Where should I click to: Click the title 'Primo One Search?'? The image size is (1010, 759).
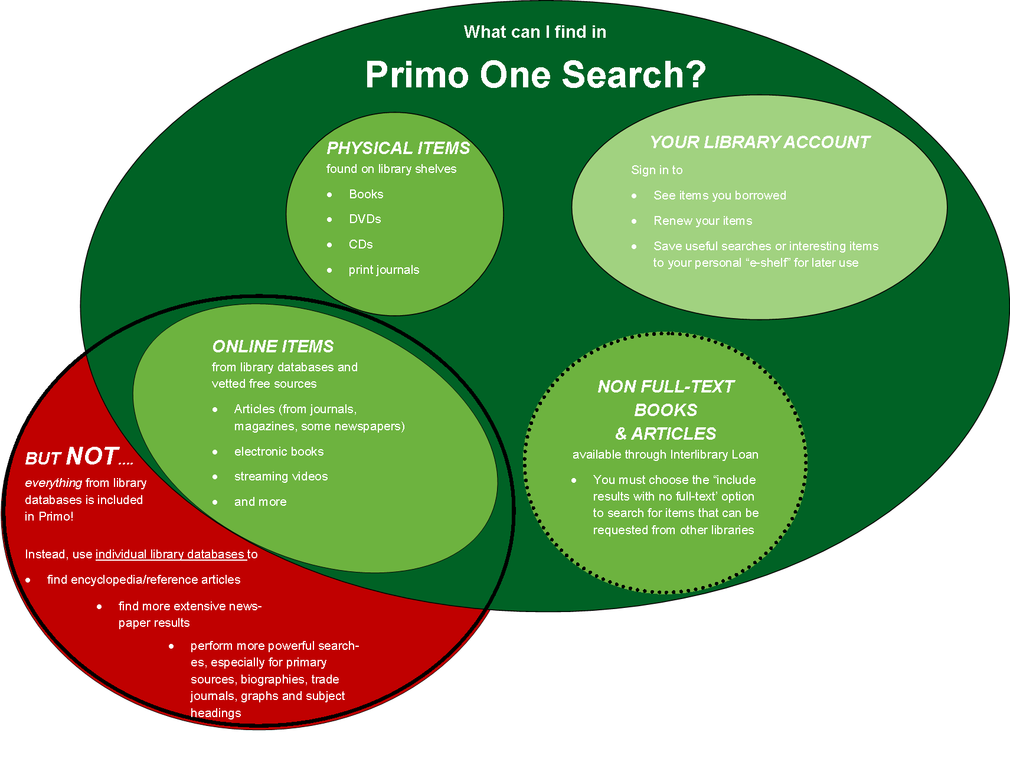pyautogui.click(x=535, y=75)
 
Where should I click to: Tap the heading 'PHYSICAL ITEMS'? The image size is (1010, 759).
pyautogui.click(x=398, y=148)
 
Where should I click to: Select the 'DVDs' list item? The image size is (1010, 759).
pyautogui.click(x=365, y=219)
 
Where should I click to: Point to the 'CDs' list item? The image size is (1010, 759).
pyautogui.click(x=361, y=244)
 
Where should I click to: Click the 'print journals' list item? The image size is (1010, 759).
pyautogui.click(x=384, y=270)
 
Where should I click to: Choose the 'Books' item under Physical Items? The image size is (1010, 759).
pyautogui.click(x=366, y=194)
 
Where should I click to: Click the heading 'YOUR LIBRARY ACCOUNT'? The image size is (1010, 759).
pyautogui.click(x=760, y=142)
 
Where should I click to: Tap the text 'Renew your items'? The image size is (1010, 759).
pyautogui.click(x=702, y=221)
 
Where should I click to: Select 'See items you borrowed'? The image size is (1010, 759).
pyautogui.click(x=720, y=195)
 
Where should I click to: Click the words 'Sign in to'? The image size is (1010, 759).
pyautogui.click(x=656, y=170)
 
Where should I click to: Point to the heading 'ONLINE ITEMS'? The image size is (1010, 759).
pyautogui.click(x=273, y=346)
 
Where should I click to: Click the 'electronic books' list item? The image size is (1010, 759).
pyautogui.click(x=279, y=452)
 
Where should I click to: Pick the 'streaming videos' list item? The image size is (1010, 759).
pyautogui.click(x=281, y=476)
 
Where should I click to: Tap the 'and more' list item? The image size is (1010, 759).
pyautogui.click(x=260, y=502)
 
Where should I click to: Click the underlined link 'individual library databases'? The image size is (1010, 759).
pyautogui.click(x=169, y=554)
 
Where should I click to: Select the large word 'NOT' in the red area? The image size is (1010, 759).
pyautogui.click(x=93, y=456)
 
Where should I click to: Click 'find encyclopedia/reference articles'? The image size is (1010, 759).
pyautogui.click(x=143, y=580)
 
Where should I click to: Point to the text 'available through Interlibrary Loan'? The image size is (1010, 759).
pyautogui.click(x=665, y=454)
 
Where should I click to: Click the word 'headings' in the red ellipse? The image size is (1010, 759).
pyautogui.click(x=215, y=713)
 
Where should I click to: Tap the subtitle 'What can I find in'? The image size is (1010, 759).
pyautogui.click(x=535, y=32)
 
